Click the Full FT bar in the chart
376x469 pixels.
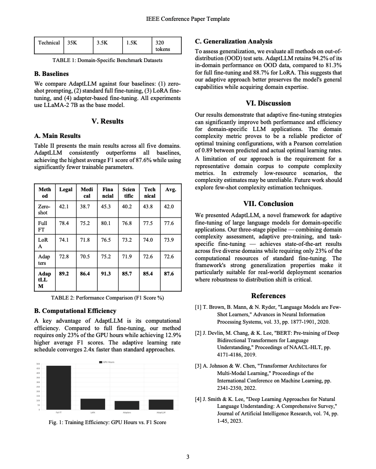point(59,387)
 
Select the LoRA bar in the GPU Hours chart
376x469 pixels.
point(93,404)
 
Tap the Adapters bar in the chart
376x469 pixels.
point(127,405)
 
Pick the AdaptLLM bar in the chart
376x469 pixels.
point(161,404)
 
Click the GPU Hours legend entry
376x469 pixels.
point(107,362)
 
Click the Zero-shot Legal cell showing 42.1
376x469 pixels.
point(64,206)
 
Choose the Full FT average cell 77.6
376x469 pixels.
point(169,223)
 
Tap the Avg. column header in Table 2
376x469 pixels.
point(170,189)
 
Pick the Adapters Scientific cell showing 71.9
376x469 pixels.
point(127,256)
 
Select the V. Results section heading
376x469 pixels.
point(107,121)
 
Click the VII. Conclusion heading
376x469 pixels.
point(268,203)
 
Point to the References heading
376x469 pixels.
point(268,295)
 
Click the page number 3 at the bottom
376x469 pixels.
point(188,457)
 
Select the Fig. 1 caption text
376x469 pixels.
point(107,422)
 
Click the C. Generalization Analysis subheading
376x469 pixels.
point(233,41)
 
